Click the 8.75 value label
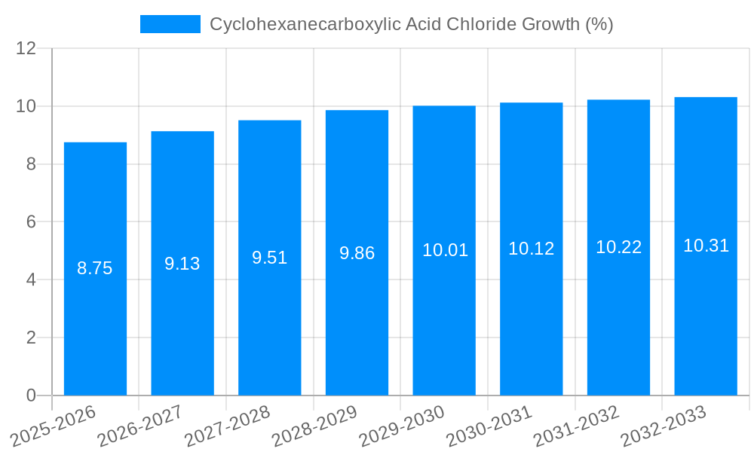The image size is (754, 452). click(x=95, y=268)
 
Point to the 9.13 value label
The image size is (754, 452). click(x=182, y=264)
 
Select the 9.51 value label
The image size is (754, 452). click(x=270, y=258)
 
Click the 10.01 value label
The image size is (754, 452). click(x=445, y=251)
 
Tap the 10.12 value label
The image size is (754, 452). click(x=532, y=249)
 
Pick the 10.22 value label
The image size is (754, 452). click(x=619, y=247)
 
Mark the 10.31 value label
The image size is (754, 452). click(x=706, y=246)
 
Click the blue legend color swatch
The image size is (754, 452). click(x=170, y=24)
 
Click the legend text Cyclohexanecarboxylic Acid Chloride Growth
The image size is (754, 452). click(x=411, y=24)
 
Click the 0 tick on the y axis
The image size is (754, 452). click(x=31, y=395)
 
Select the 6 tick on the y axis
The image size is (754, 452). click(x=31, y=222)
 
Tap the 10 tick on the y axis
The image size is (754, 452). click(x=26, y=106)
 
